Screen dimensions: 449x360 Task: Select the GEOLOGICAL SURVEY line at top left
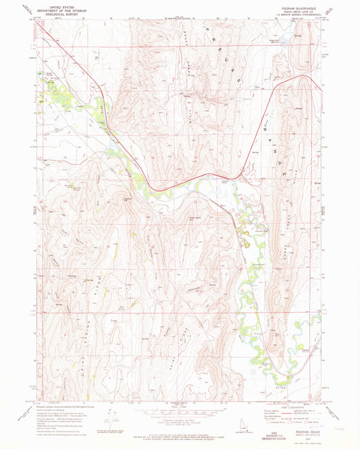tap(56, 16)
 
